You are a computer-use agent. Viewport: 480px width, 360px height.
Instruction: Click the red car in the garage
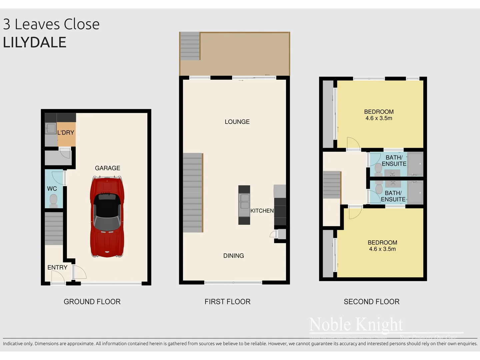[x=107, y=217]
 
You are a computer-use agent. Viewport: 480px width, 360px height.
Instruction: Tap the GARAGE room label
[x=107, y=168]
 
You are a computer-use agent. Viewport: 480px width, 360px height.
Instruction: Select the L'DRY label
[x=66, y=133]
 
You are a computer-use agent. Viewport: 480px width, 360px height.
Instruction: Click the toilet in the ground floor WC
[x=53, y=200]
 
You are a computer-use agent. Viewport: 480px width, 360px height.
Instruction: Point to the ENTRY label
[x=57, y=267]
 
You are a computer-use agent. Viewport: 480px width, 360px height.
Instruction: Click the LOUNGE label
[x=237, y=122]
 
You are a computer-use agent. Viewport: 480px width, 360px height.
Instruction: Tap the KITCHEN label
[x=262, y=211]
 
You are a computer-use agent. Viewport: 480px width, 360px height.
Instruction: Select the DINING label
[x=233, y=256]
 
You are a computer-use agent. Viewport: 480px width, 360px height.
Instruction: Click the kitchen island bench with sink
[x=244, y=205]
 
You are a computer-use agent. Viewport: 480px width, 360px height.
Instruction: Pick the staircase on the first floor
[x=193, y=193]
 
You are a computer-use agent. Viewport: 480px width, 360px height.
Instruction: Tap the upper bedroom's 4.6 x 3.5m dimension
[x=379, y=118]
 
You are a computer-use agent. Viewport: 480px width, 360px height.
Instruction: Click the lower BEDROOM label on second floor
[x=382, y=243]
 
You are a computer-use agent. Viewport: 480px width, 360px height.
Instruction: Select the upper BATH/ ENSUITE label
[x=394, y=161]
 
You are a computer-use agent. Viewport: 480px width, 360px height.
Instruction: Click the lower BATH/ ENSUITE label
[x=393, y=196]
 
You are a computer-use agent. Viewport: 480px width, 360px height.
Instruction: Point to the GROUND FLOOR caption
[x=92, y=302]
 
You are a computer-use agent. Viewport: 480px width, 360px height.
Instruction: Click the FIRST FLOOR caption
[x=227, y=302]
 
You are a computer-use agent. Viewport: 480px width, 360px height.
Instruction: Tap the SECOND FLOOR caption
[x=371, y=302]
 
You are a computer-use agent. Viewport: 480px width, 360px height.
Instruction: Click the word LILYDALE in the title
[x=35, y=42]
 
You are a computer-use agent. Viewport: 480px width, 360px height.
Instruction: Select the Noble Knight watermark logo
[x=356, y=324]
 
